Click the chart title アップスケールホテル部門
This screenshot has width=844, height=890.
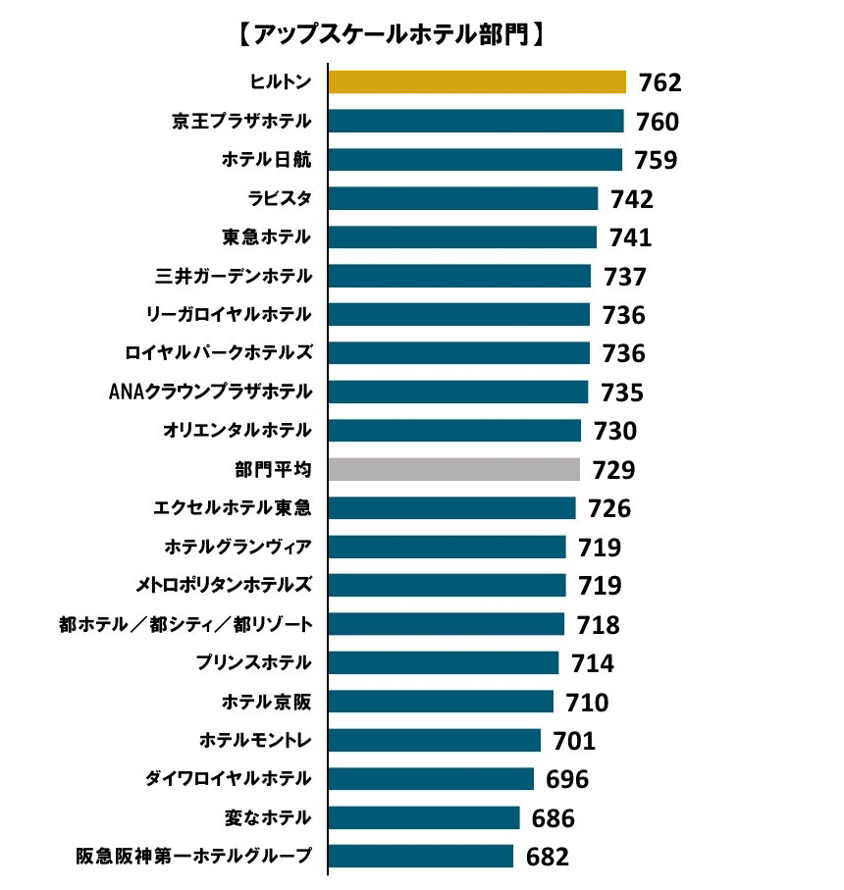[x=391, y=36]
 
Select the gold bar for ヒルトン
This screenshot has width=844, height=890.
[x=477, y=82]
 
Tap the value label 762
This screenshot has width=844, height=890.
[x=659, y=82]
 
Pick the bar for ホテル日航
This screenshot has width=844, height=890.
[x=475, y=160]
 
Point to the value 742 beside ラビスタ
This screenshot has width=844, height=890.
[x=631, y=199]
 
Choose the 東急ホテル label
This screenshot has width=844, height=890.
[x=267, y=237]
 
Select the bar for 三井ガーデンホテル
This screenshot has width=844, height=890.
[x=459, y=276]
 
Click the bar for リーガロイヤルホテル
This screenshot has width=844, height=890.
[x=458, y=314]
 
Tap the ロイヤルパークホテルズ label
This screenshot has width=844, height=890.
[x=219, y=353]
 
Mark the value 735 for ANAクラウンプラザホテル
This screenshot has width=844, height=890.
[x=622, y=393]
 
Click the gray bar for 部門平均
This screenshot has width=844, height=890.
[x=453, y=469]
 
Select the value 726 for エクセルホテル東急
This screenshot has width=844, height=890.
[x=609, y=508]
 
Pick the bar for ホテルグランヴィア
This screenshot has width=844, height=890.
[x=447, y=547]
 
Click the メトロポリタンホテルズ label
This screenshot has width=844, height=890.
[x=224, y=586]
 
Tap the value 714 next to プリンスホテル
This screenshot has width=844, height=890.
[x=593, y=663]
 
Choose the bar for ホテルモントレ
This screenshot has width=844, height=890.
[x=434, y=740]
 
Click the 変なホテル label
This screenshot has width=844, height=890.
[x=267, y=817]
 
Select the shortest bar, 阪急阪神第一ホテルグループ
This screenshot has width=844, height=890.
[x=420, y=856]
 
